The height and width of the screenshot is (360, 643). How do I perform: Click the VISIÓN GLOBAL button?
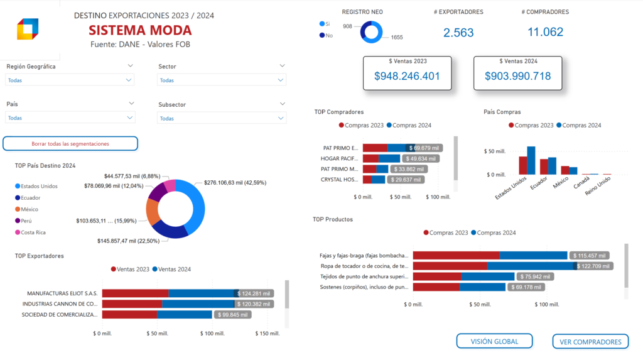(494, 341)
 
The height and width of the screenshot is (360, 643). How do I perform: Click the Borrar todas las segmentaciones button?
(70, 144)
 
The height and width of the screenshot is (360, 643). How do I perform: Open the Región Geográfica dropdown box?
(70, 80)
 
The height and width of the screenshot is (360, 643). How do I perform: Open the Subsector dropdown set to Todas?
(222, 118)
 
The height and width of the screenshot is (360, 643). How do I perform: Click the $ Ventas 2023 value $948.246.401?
(407, 76)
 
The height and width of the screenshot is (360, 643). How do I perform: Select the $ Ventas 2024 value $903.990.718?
(517, 76)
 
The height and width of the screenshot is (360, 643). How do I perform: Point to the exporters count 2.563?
(458, 33)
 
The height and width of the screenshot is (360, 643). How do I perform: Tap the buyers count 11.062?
(545, 32)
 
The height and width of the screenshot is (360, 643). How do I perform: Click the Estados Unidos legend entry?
(39, 186)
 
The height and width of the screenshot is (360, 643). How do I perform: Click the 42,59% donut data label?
(235, 183)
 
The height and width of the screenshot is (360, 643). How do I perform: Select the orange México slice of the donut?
(152, 212)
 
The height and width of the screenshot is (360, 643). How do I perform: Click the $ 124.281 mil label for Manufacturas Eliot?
(254, 293)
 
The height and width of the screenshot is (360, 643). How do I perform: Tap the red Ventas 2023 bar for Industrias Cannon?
(132, 304)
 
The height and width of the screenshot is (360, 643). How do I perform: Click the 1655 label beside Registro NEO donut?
(396, 38)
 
